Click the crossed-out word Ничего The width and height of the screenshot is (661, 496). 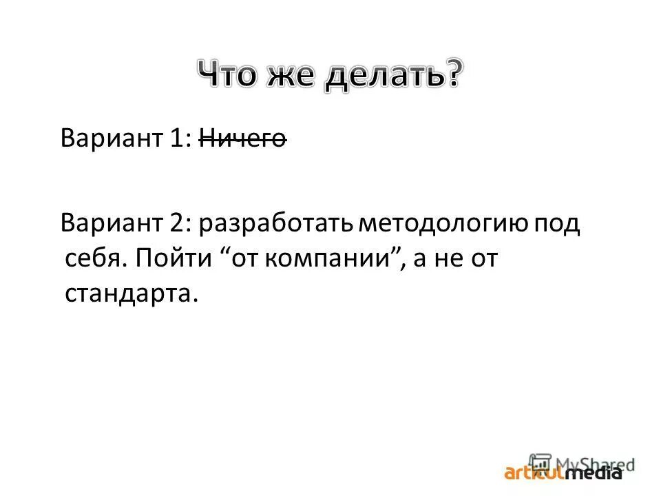(242, 138)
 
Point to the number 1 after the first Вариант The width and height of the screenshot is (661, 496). (177, 138)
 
